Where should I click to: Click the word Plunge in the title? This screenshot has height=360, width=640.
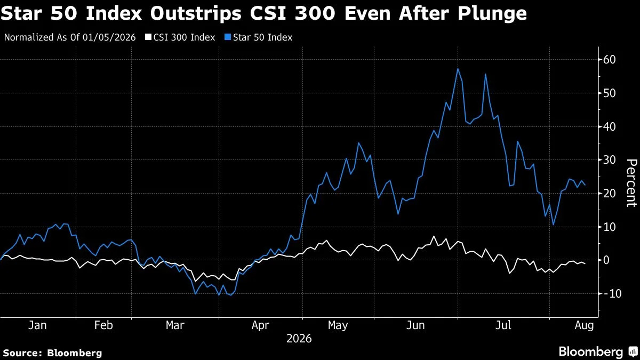(492, 13)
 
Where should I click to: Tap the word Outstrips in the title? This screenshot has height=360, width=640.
(196, 13)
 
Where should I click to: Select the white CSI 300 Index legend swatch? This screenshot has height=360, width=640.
(148, 37)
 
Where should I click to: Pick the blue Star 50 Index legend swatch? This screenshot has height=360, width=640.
(228, 37)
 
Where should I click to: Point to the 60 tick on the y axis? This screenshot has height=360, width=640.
(609, 60)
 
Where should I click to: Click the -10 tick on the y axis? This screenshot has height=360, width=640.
(607, 293)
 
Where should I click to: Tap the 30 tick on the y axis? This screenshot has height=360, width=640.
(609, 160)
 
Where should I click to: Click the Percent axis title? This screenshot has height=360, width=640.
(631, 183)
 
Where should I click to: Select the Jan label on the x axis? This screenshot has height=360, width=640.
(37, 325)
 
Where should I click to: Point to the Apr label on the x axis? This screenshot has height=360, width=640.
(260, 326)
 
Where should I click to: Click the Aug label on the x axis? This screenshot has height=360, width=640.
(584, 326)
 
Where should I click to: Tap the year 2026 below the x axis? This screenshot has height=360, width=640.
(299, 339)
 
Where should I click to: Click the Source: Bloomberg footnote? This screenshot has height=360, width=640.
(53, 353)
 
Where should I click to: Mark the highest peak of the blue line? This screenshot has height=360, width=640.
(458, 69)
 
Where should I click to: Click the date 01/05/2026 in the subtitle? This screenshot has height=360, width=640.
(109, 37)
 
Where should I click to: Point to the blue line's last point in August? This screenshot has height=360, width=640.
(585, 185)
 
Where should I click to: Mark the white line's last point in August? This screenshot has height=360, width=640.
(585, 263)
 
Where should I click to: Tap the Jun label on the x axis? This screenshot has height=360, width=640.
(415, 325)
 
